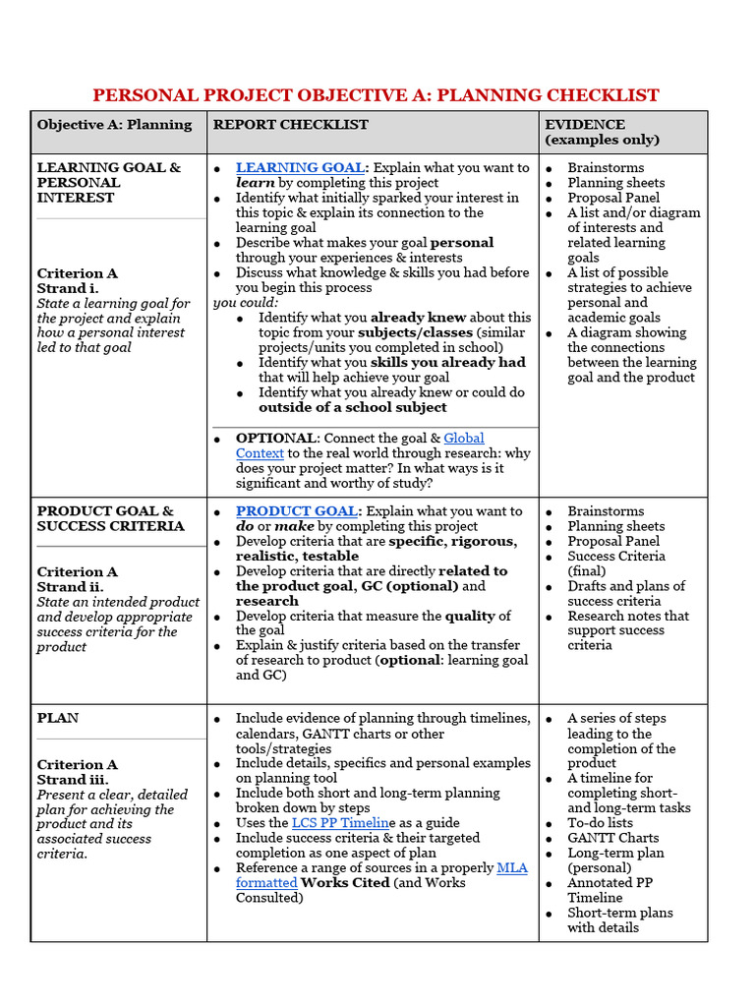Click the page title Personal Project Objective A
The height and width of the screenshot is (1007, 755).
click(x=376, y=95)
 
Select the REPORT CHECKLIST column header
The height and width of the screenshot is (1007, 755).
click(x=291, y=125)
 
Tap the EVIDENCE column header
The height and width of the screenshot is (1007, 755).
click(x=586, y=125)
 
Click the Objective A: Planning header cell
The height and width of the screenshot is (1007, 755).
click(x=114, y=125)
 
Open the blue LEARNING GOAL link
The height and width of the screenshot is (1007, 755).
click(x=300, y=168)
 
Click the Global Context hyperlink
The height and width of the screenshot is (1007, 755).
click(x=463, y=438)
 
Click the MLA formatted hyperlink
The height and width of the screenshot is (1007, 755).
click(x=511, y=868)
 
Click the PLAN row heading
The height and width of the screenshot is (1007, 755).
click(x=58, y=719)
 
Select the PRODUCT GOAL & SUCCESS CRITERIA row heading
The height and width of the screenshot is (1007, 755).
click(x=110, y=518)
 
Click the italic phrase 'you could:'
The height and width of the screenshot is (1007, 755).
click(x=246, y=303)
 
